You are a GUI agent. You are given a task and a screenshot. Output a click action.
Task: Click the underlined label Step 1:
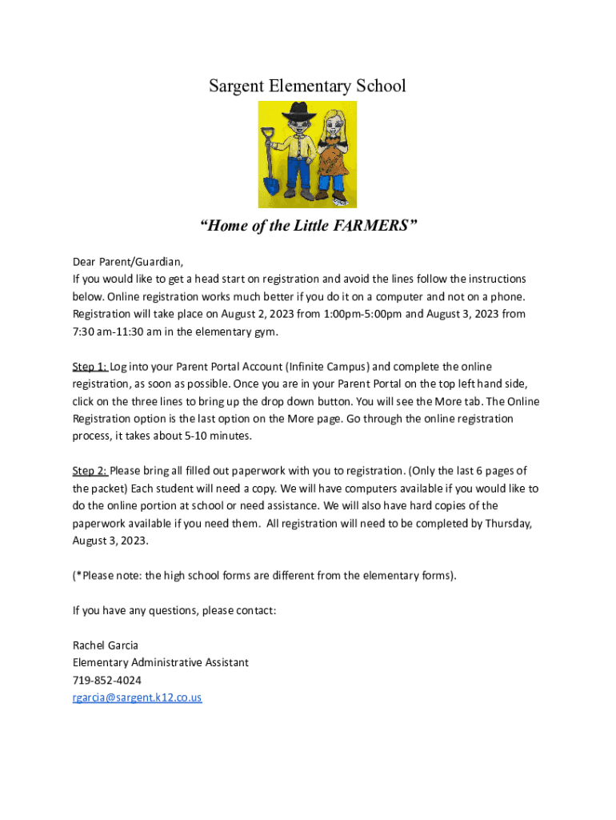pos(90,367)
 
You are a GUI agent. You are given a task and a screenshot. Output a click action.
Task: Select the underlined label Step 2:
pos(90,471)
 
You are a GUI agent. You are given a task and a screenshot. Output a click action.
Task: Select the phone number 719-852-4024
pos(107,681)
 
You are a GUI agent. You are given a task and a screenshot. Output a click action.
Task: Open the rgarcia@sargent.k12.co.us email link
pos(137,698)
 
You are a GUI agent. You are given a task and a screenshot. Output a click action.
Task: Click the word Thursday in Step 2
pos(505,524)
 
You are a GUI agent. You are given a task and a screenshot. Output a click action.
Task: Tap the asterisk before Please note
pos(78,575)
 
